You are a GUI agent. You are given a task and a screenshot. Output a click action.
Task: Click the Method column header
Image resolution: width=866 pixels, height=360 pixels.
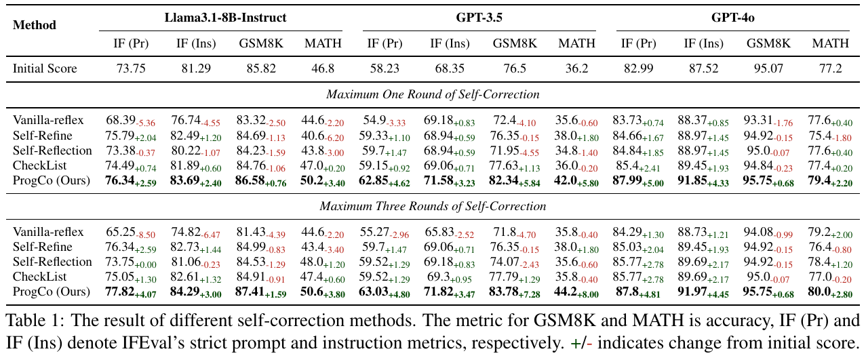35,25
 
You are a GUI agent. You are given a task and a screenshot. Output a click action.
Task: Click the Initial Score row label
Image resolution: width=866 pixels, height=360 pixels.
45,68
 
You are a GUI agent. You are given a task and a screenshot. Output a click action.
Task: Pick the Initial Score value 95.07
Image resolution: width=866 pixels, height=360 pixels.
768,68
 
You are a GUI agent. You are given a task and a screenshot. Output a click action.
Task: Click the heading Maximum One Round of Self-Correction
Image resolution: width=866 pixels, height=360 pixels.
433,94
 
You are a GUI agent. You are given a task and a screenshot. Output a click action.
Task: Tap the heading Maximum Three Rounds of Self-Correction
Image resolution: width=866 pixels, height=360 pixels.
433,206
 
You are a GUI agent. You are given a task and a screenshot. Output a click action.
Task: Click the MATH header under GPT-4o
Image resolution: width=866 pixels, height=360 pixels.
830,43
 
